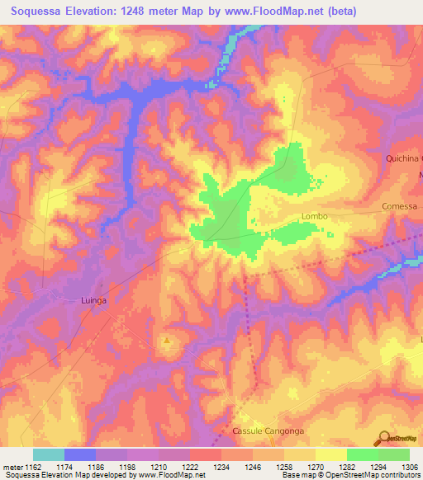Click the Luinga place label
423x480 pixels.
[x=95, y=301]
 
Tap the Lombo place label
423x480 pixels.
[x=314, y=216]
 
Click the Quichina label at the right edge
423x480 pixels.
[x=404, y=158]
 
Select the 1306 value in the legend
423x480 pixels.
[x=409, y=466]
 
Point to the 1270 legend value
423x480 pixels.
[x=316, y=466]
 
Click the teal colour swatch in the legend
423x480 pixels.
[x=49, y=454]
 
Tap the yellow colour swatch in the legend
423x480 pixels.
[x=331, y=454]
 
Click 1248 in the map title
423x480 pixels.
[x=146, y=12]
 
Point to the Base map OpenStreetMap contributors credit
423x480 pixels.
[x=350, y=475]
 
